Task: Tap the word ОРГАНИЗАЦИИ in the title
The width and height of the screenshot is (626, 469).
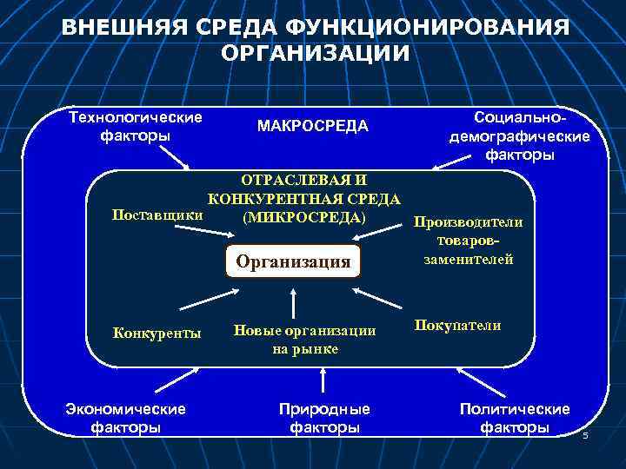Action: pyautogui.click(x=316, y=54)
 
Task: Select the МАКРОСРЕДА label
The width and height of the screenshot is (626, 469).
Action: pyautogui.click(x=313, y=127)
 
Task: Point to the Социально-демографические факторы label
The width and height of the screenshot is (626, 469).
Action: pyautogui.click(x=519, y=135)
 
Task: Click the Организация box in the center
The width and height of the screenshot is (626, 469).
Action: pyautogui.click(x=294, y=260)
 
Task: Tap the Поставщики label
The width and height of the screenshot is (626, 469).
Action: pyautogui.click(x=152, y=214)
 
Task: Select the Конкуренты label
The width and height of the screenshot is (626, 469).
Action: pyautogui.click(x=157, y=332)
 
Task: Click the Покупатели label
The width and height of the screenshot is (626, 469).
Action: pyautogui.click(x=457, y=325)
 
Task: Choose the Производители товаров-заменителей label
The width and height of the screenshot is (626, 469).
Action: pyautogui.click(x=468, y=240)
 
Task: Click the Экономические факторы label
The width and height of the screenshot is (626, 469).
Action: pyautogui.click(x=126, y=417)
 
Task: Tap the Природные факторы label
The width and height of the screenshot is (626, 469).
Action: pyautogui.click(x=324, y=417)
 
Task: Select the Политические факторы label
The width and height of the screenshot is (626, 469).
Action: pyautogui.click(x=515, y=417)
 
